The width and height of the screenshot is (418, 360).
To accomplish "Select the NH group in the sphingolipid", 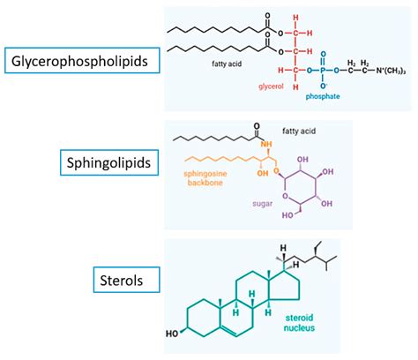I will coord(265,145).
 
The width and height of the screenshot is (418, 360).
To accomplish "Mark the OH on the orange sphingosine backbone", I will coord(262,174).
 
